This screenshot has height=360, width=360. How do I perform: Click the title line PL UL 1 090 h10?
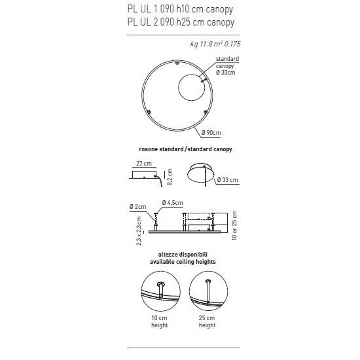(179, 10)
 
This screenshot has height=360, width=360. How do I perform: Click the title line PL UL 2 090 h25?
(179, 23)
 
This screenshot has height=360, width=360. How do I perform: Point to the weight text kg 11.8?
(211, 45)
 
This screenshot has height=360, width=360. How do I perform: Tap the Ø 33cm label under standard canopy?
(224, 71)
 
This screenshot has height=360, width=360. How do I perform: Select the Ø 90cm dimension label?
(211, 133)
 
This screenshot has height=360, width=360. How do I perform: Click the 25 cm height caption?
(207, 321)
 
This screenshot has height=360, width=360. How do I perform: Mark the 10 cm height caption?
(159, 321)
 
